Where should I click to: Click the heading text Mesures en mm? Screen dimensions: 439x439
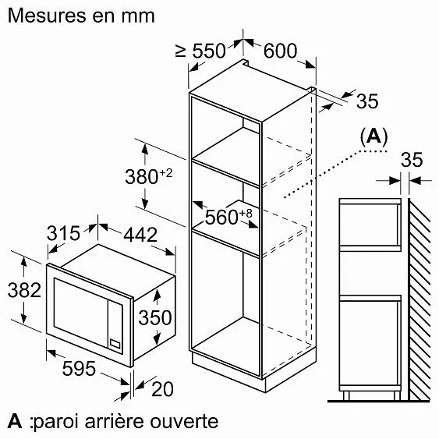point(81,16)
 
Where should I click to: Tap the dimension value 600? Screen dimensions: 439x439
point(280,51)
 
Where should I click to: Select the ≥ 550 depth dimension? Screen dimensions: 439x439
point(200,51)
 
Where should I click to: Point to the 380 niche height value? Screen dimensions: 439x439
point(141,177)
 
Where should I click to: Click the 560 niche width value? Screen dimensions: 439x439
point(221,217)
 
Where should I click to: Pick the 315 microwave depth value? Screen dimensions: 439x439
point(63,233)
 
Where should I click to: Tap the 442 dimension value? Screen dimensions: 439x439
point(140,235)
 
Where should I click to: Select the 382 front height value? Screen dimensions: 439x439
point(24,290)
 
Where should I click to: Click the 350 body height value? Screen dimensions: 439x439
point(155,317)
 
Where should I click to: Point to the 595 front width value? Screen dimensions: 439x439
point(79,369)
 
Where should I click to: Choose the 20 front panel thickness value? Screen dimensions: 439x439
point(162,389)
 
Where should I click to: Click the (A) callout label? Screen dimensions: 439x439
point(374,137)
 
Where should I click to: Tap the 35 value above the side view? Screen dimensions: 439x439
point(412,160)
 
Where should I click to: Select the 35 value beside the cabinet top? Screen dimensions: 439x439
point(367,101)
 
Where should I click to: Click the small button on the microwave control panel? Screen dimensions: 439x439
point(115,344)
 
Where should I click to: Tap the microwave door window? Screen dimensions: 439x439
point(80,313)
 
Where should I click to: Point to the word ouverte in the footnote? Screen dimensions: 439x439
point(184,422)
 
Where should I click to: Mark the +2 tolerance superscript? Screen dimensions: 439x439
point(166,173)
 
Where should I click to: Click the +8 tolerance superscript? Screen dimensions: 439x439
point(246,214)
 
